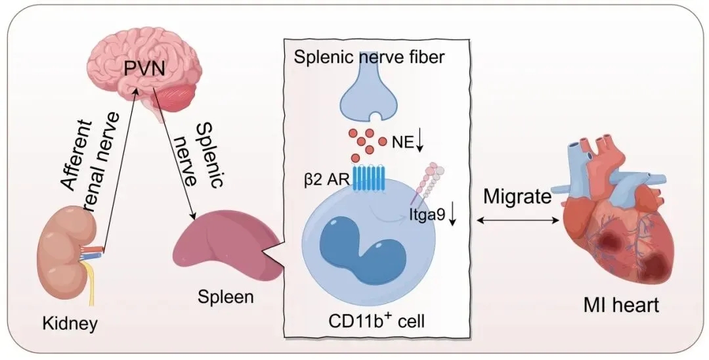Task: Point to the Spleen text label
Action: (225, 297)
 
